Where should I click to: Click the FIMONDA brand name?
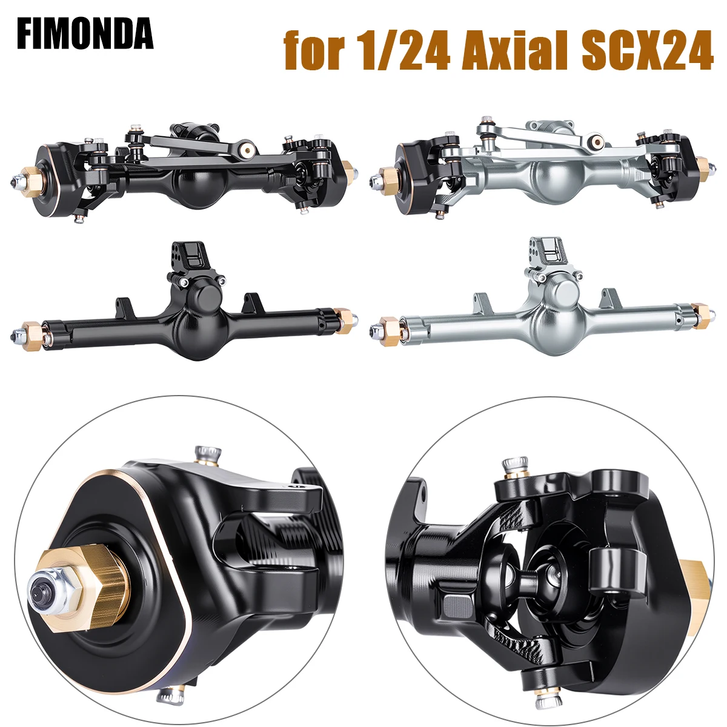pos(85,35)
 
